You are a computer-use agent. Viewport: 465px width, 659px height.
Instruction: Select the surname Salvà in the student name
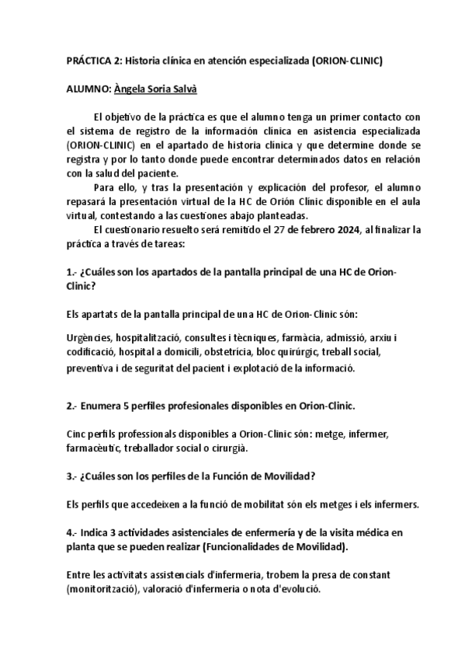pos(181,89)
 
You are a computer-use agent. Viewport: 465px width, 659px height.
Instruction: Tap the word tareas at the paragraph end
pos(166,244)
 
